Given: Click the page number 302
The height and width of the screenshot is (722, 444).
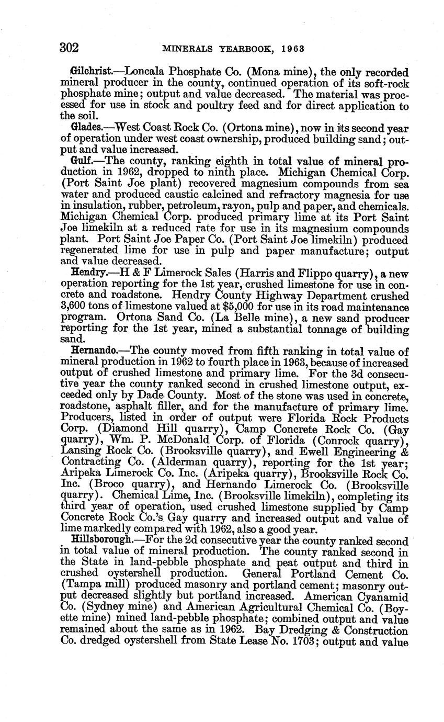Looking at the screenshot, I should (69, 48).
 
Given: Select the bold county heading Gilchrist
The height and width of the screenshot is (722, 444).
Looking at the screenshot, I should (90, 71).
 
